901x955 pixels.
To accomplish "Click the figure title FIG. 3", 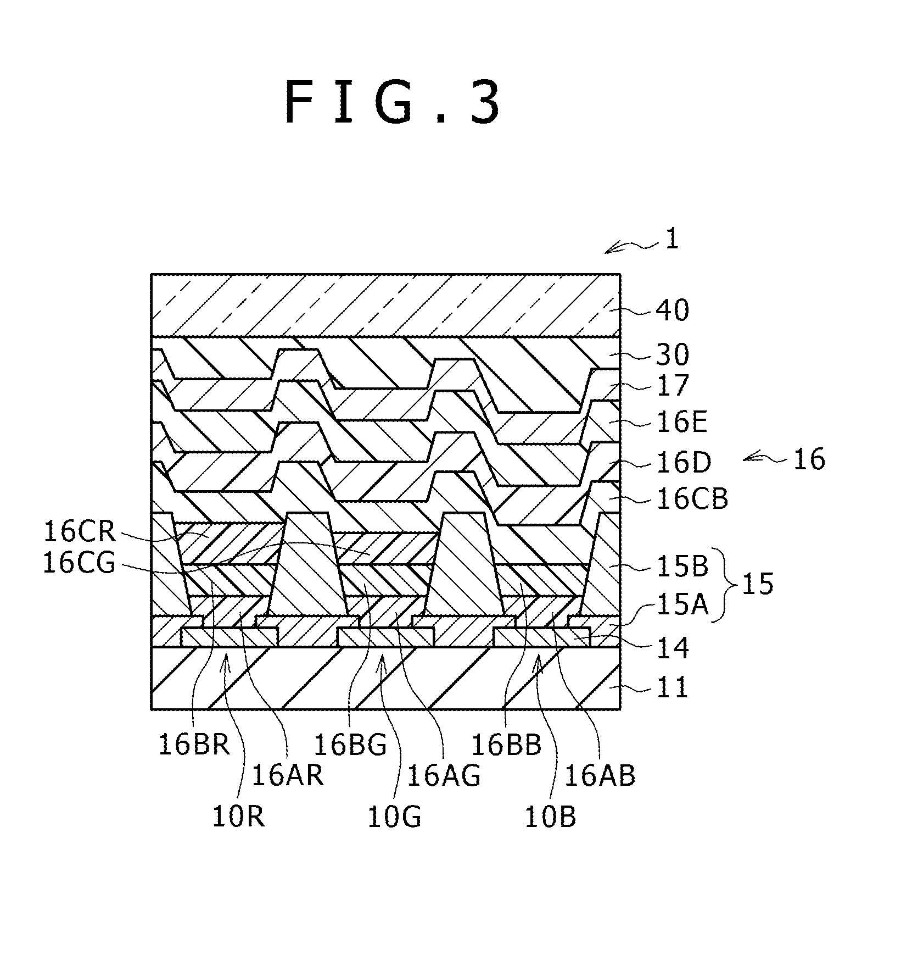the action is click(x=393, y=103).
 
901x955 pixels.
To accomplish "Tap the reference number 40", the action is click(x=672, y=310).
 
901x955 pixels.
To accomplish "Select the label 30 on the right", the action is click(x=672, y=355).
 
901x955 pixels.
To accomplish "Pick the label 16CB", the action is click(x=692, y=499).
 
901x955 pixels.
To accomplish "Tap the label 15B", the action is click(x=681, y=566).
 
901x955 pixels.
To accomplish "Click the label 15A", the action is click(x=681, y=606).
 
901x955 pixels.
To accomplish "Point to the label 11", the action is click(x=673, y=687).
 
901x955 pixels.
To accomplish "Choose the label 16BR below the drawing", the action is click(x=194, y=745).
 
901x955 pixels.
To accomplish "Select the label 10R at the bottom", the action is click(x=238, y=817).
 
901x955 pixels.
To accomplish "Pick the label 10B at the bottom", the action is click(x=551, y=817).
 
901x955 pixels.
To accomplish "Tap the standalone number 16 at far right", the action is click(x=809, y=459).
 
